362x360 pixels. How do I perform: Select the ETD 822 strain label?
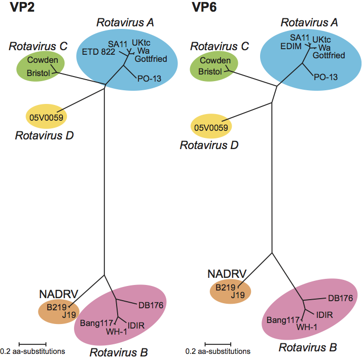[98, 51]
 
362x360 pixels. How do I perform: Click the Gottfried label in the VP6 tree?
[332, 55]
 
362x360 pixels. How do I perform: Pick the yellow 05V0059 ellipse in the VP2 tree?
[46, 118]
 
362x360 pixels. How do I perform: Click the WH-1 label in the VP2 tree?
[116, 332]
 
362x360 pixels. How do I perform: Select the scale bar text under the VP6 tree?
[218, 351]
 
